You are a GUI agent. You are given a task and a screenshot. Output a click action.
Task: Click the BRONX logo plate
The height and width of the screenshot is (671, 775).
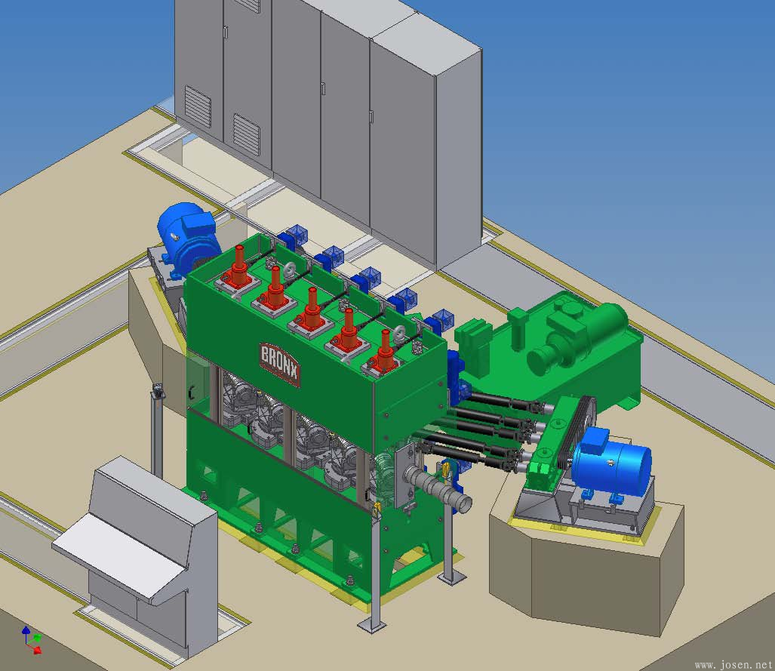click(x=280, y=365)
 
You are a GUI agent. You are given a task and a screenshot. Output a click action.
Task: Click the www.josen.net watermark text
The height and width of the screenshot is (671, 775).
click(x=733, y=664)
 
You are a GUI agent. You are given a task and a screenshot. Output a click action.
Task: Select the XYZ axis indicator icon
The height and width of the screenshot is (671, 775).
click(x=32, y=640)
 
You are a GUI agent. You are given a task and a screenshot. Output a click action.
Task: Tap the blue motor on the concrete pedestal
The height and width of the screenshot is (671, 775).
click(x=612, y=466)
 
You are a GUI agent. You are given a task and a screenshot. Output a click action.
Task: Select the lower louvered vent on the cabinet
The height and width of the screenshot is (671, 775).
click(x=246, y=134)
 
